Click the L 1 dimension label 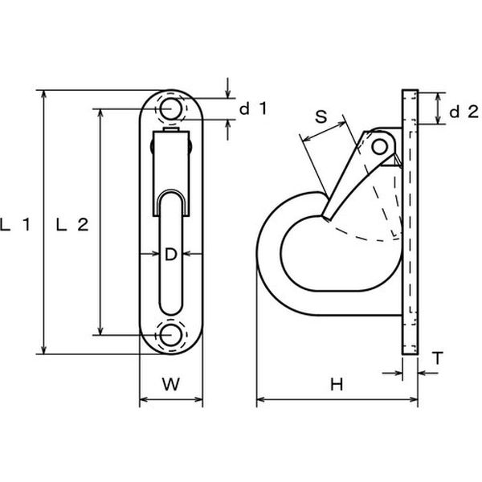pos(15,225)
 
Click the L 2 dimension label pos(72,225)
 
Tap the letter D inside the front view pos(171,254)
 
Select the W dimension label pos(171,384)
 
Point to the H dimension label pos(337,385)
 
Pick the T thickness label pos(438,358)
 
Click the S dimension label pos(321,116)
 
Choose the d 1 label pos(253,108)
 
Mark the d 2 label pos(464,112)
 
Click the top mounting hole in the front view pos(170,108)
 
